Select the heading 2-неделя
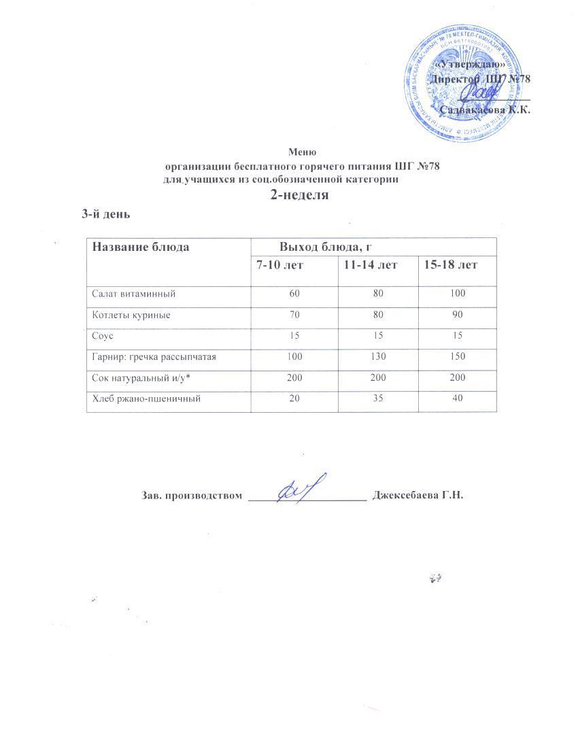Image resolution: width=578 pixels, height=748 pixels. coord(300,195)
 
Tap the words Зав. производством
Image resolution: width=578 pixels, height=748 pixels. coord(192,495)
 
